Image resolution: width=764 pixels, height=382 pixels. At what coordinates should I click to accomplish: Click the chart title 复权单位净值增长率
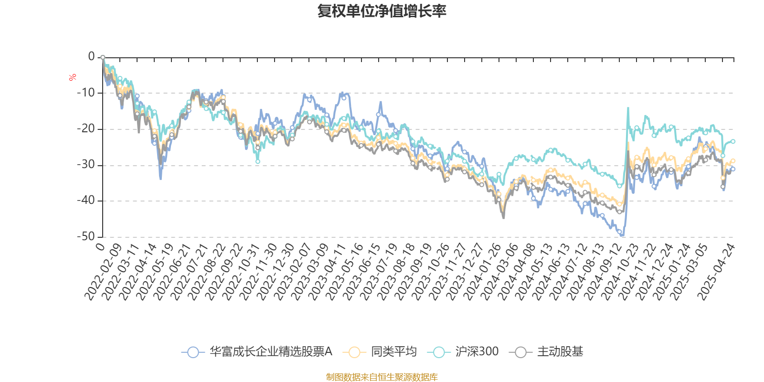click(x=382, y=11)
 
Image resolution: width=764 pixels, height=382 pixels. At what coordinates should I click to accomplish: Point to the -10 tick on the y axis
click(x=86, y=93)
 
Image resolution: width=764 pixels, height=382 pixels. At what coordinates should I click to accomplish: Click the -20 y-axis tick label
click(x=86, y=128)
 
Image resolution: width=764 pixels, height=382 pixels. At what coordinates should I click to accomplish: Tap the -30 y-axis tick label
click(x=86, y=165)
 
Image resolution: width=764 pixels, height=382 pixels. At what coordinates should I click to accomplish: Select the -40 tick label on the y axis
click(x=86, y=201)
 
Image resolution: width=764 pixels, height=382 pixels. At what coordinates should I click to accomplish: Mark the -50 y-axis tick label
click(x=86, y=236)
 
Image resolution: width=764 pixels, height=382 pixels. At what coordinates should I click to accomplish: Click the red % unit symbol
click(x=73, y=77)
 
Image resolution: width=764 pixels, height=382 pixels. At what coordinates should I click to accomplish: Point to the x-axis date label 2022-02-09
click(x=103, y=271)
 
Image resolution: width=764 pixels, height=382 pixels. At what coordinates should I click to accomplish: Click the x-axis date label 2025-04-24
click(x=716, y=271)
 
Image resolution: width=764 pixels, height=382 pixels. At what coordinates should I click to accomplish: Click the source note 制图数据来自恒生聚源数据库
click(x=382, y=377)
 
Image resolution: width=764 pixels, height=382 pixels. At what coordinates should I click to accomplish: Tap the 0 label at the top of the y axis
click(x=91, y=57)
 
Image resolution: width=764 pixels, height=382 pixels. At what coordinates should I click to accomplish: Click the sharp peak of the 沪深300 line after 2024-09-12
click(x=628, y=108)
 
